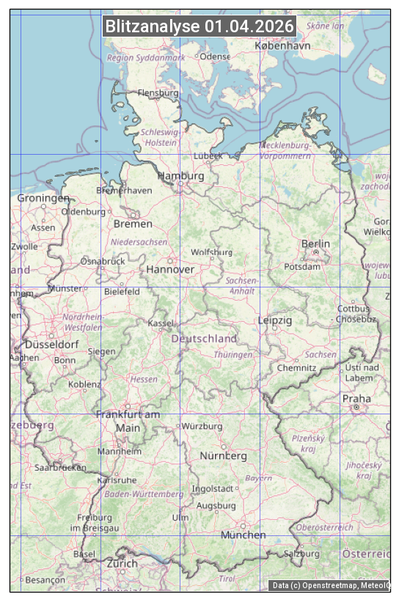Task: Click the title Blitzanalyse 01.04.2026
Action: [199, 26]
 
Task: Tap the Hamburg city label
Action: [180, 176]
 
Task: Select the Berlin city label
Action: [315, 243]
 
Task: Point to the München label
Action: [244, 535]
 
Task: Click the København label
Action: [282, 45]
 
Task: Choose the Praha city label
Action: [356, 399]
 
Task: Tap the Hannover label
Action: [170, 269]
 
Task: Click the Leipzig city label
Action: [275, 320]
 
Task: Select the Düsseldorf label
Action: [51, 344]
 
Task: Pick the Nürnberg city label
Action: [224, 455]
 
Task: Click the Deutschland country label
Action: [204, 338]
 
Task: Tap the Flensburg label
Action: [158, 93]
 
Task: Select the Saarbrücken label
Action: [60, 466]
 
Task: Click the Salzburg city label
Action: [301, 553]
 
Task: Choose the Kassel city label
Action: [161, 323]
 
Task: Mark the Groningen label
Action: [43, 198]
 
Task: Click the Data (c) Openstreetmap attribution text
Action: [330, 585]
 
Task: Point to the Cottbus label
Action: [354, 309]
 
